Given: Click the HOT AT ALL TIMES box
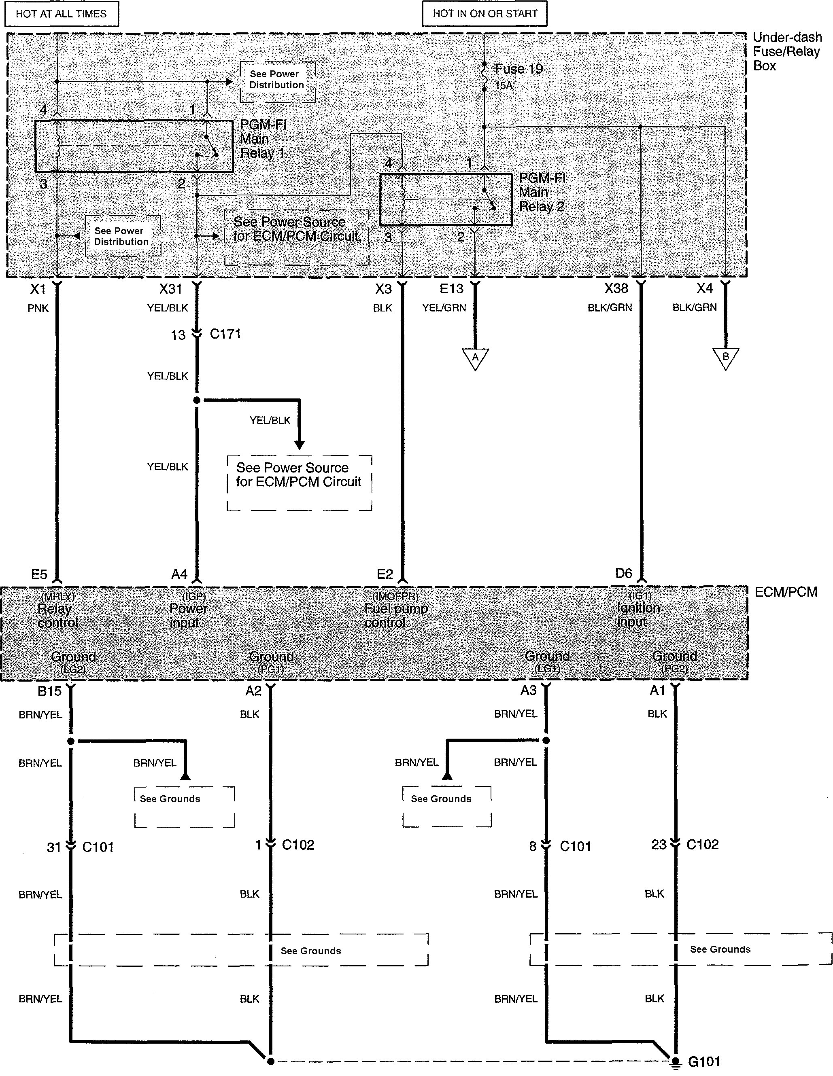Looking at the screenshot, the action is (x=62, y=14).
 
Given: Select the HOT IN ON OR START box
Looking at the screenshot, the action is (x=484, y=13).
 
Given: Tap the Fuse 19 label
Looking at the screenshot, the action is (x=518, y=69).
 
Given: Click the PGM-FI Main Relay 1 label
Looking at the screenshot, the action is (x=263, y=139).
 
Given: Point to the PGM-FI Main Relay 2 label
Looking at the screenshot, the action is (x=542, y=192).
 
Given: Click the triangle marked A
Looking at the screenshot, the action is (x=475, y=358).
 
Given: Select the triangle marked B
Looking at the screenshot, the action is (x=726, y=358).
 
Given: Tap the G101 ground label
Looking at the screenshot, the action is (x=704, y=1061).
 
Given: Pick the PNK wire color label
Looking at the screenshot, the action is (x=38, y=308).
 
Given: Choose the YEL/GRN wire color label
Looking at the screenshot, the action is (x=444, y=308).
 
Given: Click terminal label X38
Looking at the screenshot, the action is (x=616, y=288).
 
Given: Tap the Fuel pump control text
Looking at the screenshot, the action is (x=396, y=615).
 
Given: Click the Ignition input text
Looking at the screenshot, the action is (x=638, y=615).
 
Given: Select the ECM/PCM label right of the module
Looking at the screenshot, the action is (x=786, y=592).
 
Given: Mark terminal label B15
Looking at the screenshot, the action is (x=49, y=691).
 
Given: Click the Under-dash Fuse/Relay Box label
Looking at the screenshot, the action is (x=787, y=51).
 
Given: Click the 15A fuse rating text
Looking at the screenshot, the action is (x=504, y=86).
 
